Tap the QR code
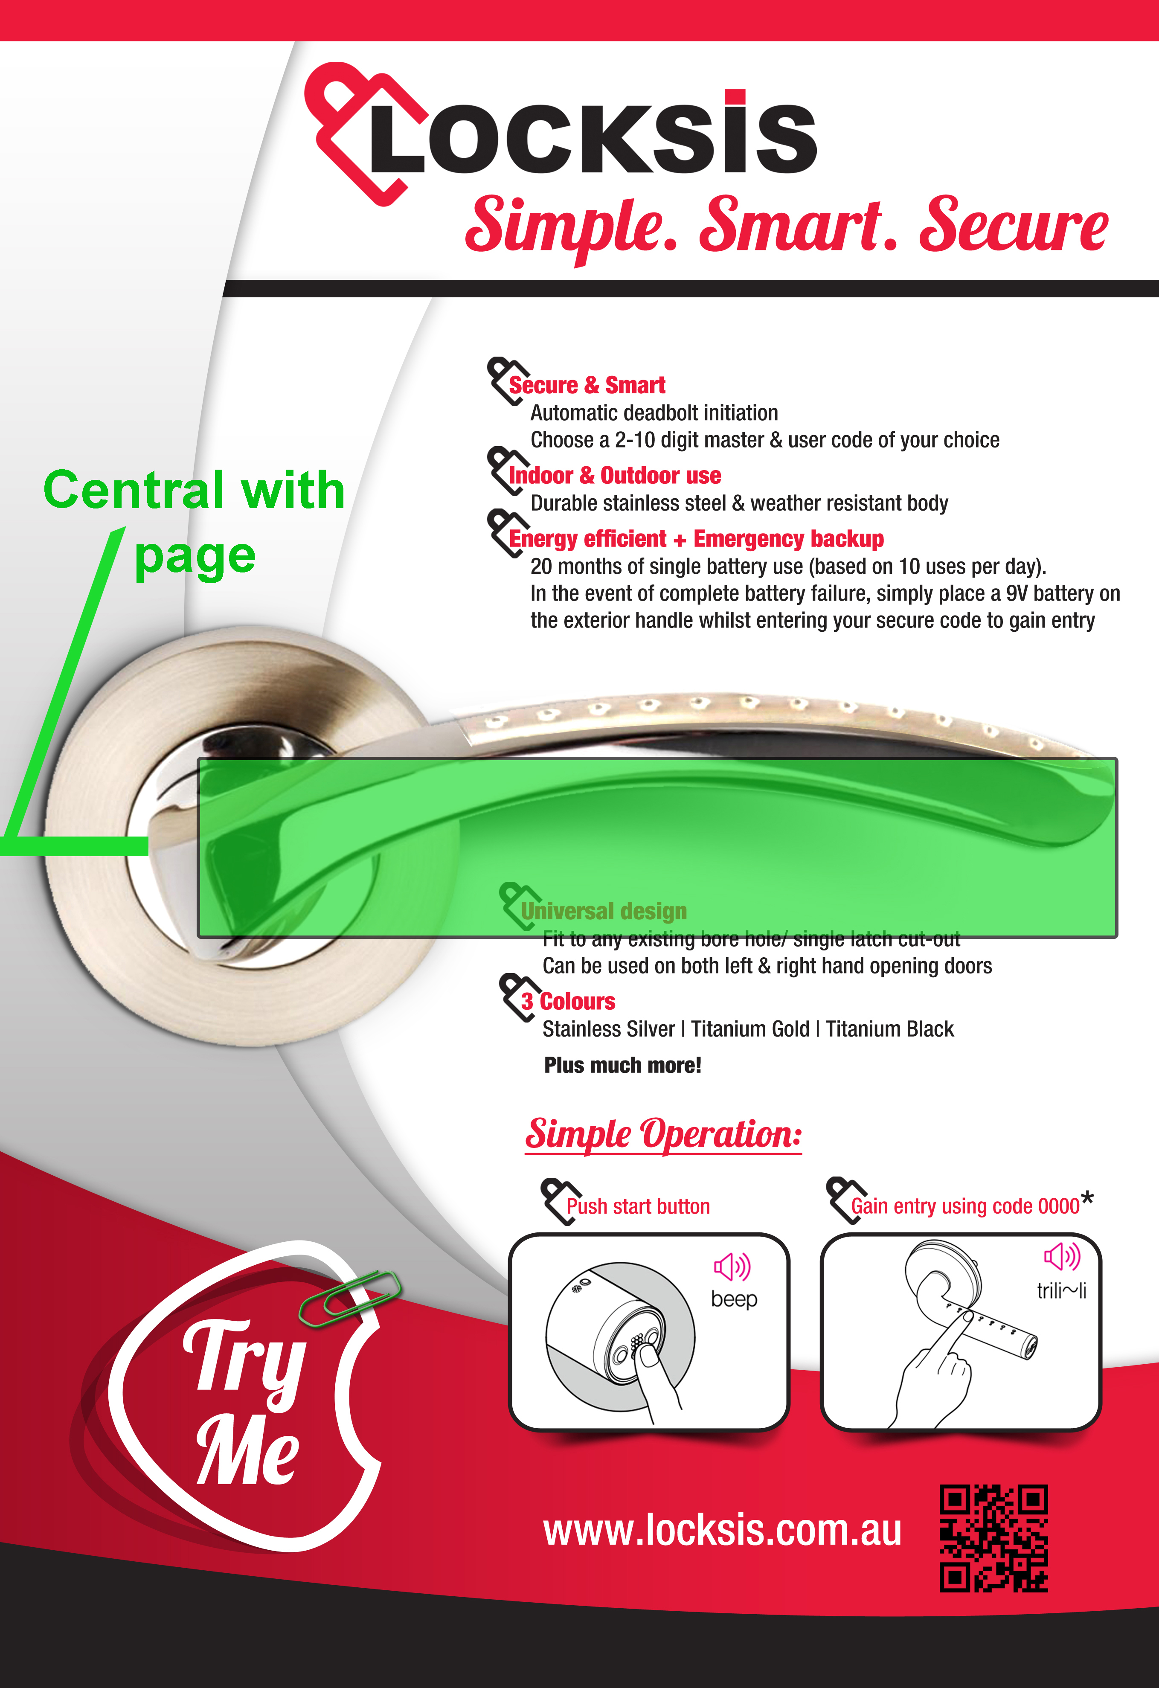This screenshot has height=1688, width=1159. (x=993, y=1538)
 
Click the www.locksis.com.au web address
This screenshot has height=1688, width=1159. (x=723, y=1531)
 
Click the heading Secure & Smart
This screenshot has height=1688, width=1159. (x=587, y=385)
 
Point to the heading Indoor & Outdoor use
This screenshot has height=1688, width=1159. (x=615, y=476)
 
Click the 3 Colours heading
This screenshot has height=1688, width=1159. (x=568, y=1002)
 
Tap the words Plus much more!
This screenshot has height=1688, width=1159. (x=622, y=1066)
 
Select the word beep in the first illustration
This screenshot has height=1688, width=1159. (x=733, y=1299)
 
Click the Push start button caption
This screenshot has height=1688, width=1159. (x=638, y=1206)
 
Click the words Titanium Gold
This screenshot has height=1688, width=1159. (x=750, y=1029)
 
